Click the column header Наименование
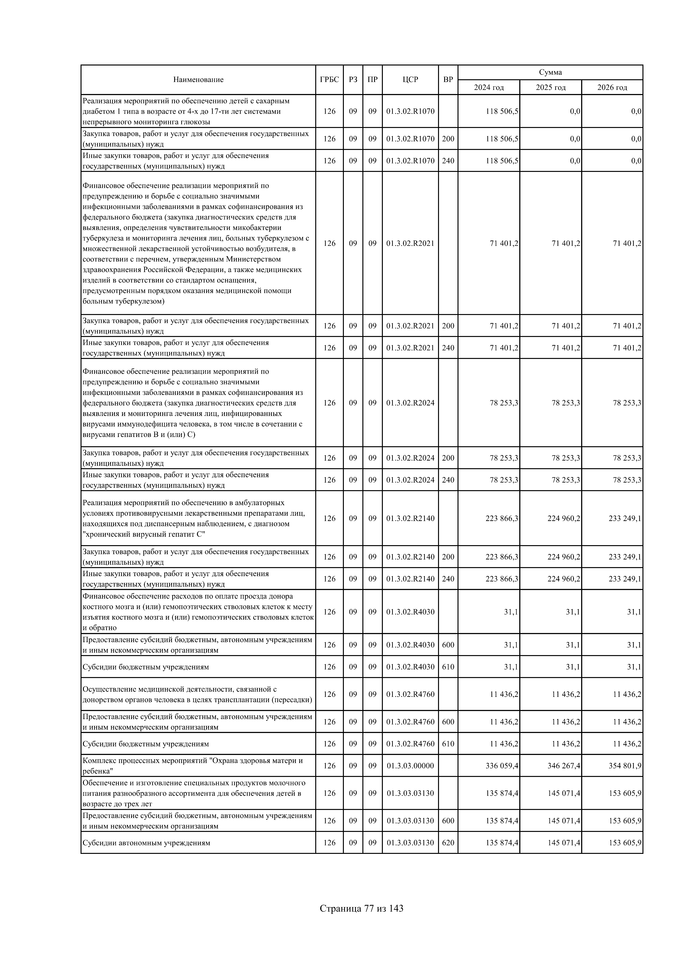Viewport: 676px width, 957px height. tap(198, 80)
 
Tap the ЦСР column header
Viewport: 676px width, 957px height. tap(410, 80)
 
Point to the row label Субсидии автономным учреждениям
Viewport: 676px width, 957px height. tap(146, 843)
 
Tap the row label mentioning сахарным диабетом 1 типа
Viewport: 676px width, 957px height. tap(186, 111)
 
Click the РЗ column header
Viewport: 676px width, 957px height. tap(353, 80)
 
